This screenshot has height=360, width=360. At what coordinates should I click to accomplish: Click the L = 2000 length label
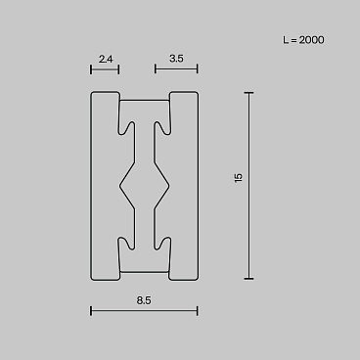click(303, 40)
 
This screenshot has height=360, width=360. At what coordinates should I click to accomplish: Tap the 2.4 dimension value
click(106, 59)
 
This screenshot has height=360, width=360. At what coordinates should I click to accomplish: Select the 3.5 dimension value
click(176, 59)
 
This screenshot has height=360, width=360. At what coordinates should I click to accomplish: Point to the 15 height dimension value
click(239, 178)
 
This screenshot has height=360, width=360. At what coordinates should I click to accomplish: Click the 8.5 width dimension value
click(144, 300)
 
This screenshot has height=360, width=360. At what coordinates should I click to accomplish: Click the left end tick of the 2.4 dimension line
click(91, 69)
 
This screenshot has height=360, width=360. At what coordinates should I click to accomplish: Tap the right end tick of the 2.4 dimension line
click(118, 69)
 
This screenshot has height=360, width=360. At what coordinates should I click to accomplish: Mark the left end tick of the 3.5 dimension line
click(156, 69)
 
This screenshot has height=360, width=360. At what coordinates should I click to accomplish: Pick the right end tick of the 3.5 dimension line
click(198, 69)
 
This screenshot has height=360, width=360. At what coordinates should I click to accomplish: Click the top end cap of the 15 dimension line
click(248, 93)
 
